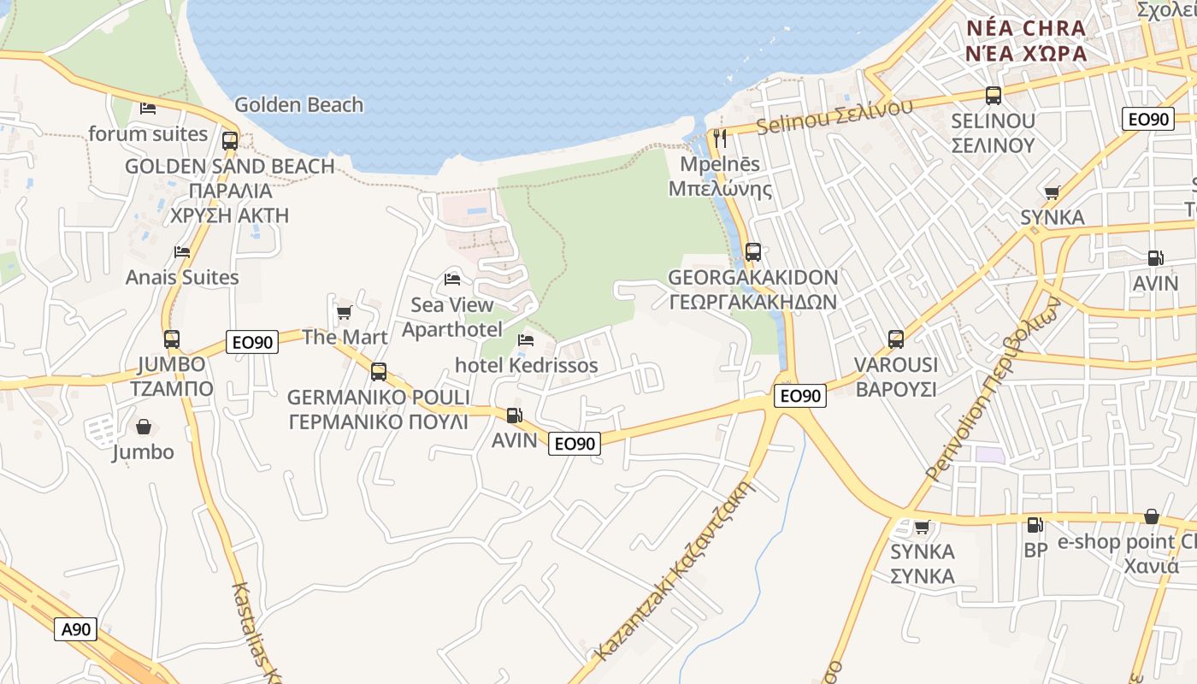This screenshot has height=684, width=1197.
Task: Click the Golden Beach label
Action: click(298, 105)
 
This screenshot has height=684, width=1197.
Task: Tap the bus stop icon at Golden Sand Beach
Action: click(229, 141)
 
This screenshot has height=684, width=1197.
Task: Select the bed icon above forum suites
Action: click(148, 109)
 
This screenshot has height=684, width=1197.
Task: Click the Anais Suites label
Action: click(182, 277)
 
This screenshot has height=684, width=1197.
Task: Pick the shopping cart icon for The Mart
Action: click(344, 312)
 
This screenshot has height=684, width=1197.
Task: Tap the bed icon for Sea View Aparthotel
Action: click(452, 280)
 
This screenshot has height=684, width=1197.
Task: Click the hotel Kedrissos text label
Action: click(526, 365)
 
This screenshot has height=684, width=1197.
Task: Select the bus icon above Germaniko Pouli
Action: click(378, 372)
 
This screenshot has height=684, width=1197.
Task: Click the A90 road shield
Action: click(76, 630)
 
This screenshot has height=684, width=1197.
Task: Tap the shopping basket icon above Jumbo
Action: click(144, 427)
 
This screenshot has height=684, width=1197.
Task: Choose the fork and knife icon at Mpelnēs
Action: click(720, 138)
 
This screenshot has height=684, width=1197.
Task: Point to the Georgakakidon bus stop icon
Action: click(752, 252)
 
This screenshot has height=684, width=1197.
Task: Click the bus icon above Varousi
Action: click(895, 339)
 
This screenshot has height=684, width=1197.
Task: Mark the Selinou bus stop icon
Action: click(993, 96)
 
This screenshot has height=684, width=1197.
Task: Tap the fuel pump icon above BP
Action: click(1035, 525)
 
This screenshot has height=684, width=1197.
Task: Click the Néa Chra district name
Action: click(1026, 28)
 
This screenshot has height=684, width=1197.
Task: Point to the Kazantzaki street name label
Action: click(675, 571)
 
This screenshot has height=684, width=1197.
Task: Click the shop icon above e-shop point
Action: click(1152, 516)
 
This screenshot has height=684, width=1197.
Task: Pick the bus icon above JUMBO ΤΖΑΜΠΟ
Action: click(172, 339)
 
